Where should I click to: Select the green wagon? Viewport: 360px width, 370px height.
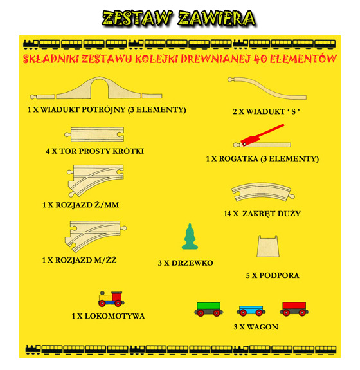click(210, 308)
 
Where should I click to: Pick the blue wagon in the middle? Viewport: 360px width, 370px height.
click(251, 310)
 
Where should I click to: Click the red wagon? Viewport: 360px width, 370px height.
click(294, 308)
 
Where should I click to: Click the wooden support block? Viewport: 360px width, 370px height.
click(268, 248)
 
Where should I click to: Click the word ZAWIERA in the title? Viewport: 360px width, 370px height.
click(215, 18)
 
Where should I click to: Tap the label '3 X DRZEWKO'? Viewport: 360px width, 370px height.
click(185, 263)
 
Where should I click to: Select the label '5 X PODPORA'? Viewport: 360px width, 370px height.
click(273, 275)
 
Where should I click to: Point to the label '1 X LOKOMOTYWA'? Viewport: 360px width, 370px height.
click(108, 316)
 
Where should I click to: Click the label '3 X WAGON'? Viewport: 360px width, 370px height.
click(255, 328)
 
